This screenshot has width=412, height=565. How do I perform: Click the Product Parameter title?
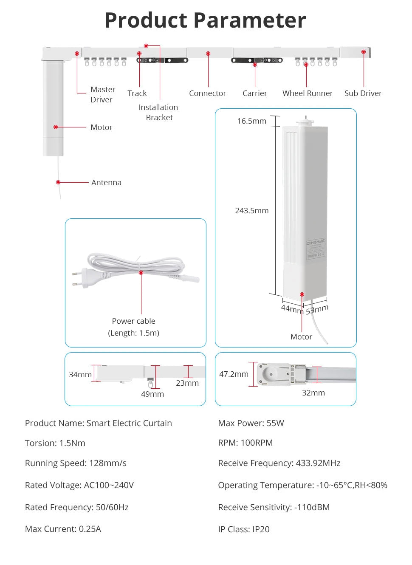click(205, 20)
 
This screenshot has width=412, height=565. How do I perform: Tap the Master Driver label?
click(102, 94)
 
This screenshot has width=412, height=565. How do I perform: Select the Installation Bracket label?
click(158, 112)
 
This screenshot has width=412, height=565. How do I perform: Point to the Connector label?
click(207, 93)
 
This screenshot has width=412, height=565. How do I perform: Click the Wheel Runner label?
click(308, 93)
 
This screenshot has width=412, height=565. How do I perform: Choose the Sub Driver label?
click(363, 93)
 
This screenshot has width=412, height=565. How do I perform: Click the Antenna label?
click(106, 182)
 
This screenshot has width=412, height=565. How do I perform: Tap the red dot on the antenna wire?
click(58, 182)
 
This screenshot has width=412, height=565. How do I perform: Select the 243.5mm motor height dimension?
click(251, 210)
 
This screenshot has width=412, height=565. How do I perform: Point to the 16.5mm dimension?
click(251, 121)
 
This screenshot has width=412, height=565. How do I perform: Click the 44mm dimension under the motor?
click(292, 309)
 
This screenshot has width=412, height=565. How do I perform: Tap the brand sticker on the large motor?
click(316, 249)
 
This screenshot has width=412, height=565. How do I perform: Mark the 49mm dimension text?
click(152, 394)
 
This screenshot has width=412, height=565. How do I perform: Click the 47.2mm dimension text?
click(234, 374)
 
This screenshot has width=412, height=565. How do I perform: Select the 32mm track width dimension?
click(313, 393)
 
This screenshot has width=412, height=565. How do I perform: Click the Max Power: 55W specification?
click(251, 423)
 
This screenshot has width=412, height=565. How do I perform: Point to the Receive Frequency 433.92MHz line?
click(279, 463)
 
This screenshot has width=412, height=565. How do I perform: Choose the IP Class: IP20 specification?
click(243, 529)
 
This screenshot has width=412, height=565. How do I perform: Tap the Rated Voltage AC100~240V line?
click(79, 485)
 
